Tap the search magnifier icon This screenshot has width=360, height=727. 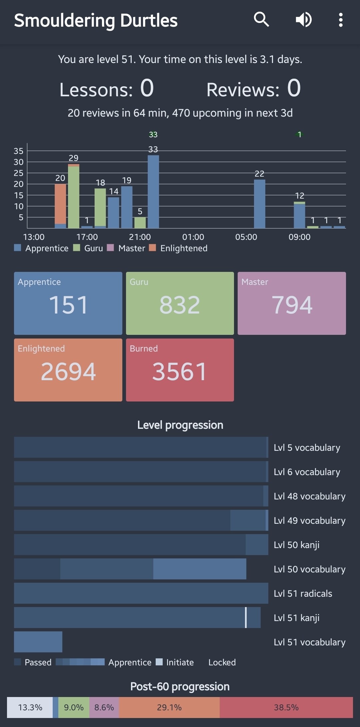click(261, 20)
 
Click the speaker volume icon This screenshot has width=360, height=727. click(304, 20)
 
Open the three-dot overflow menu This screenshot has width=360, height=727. click(340, 20)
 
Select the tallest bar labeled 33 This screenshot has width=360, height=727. click(153, 192)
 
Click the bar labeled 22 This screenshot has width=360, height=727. click(260, 204)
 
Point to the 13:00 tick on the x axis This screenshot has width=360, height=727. click(34, 237)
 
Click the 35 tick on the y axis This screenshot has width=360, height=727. click(19, 151)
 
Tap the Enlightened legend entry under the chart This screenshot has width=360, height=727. click(183, 248)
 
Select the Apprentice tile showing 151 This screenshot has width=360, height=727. click(68, 303)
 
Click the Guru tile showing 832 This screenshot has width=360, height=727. click(180, 303)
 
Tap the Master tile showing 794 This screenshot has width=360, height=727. click(292, 303)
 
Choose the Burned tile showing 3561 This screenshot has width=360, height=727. click(180, 370)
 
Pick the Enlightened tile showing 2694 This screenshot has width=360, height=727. click(68, 370)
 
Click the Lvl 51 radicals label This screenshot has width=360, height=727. click(303, 593)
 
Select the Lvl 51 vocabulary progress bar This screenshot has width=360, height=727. click(38, 642)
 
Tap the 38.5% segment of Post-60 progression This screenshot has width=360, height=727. click(286, 707)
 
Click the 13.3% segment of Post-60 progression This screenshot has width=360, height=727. click(30, 707)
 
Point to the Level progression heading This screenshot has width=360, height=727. click(180, 425)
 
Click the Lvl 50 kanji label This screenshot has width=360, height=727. click(296, 545)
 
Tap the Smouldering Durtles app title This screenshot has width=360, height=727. click(96, 20)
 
